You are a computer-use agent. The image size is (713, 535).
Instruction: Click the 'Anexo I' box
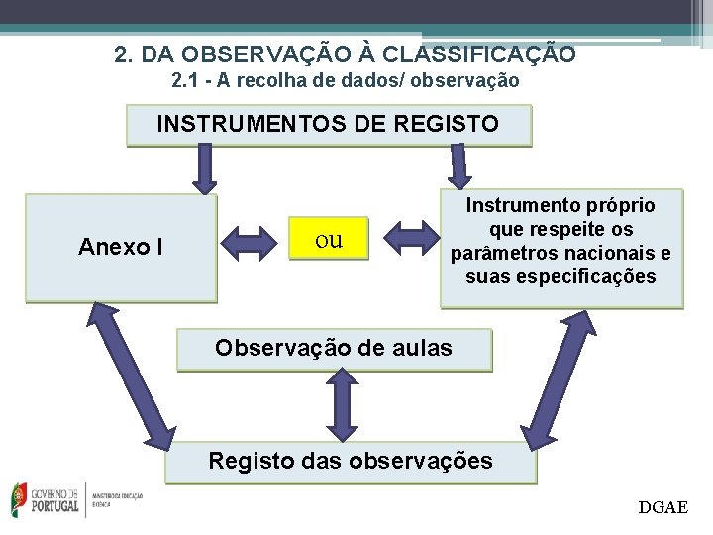click(120, 247)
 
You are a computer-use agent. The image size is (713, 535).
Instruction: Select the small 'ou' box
click(328, 239)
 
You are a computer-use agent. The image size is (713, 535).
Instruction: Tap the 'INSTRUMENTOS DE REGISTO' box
click(328, 125)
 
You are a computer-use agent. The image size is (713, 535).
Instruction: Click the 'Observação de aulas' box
click(334, 349)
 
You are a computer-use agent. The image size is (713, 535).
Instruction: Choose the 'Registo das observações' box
click(350, 461)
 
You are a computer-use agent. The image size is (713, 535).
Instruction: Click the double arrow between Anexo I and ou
click(252, 240)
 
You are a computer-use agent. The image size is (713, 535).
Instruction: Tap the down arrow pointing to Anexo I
click(204, 168)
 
